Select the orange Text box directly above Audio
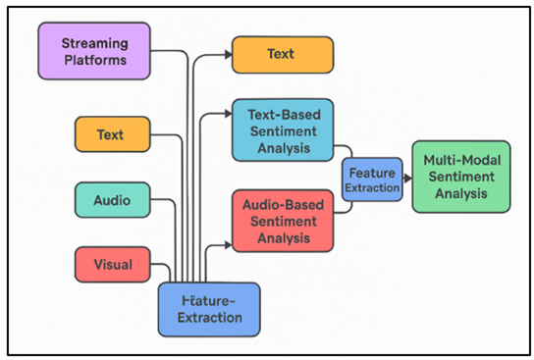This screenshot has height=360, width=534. click(112, 133)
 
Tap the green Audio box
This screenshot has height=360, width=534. click(112, 200)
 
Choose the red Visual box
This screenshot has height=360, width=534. click(112, 263)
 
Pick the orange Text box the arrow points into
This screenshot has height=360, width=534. click(282, 54)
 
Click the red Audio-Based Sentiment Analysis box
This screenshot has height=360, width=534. click(282, 222)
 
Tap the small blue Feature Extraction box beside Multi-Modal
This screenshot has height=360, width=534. click(371, 179)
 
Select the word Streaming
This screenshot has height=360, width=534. click(94, 44)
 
